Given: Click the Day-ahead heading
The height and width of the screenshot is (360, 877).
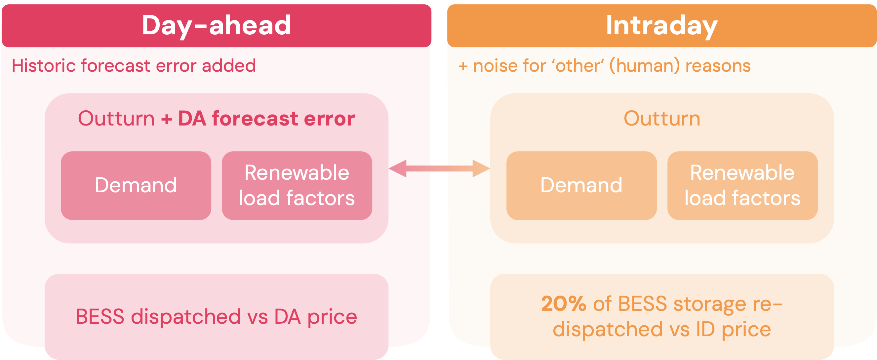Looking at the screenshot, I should click(217, 25).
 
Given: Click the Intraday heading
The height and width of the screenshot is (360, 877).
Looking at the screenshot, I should click(661, 25).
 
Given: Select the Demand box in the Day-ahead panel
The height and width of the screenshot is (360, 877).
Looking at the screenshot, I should click(136, 185).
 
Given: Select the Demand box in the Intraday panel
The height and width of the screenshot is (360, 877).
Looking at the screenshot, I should click(581, 185).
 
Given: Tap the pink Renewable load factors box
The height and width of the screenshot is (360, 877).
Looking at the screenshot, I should click(297, 185).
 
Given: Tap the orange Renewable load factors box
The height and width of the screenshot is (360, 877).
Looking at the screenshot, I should click(742, 185).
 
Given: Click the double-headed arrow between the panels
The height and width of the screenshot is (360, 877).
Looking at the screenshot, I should click(439, 168).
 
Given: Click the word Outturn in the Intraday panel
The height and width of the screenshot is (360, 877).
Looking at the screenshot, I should click(662, 119).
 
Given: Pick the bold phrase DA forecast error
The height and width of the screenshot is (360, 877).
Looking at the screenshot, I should click(266, 119).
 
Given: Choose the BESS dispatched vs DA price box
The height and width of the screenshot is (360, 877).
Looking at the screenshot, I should click(217, 316).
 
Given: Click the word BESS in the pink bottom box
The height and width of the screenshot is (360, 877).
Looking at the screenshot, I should click(100, 316).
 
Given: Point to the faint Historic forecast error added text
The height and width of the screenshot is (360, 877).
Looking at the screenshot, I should click(134, 66).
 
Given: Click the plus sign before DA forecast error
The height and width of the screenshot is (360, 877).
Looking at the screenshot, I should click(167, 119).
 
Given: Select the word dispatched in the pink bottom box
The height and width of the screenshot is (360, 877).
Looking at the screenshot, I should click(186, 316).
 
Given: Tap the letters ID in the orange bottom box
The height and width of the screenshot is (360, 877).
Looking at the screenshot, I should click(705, 329).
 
